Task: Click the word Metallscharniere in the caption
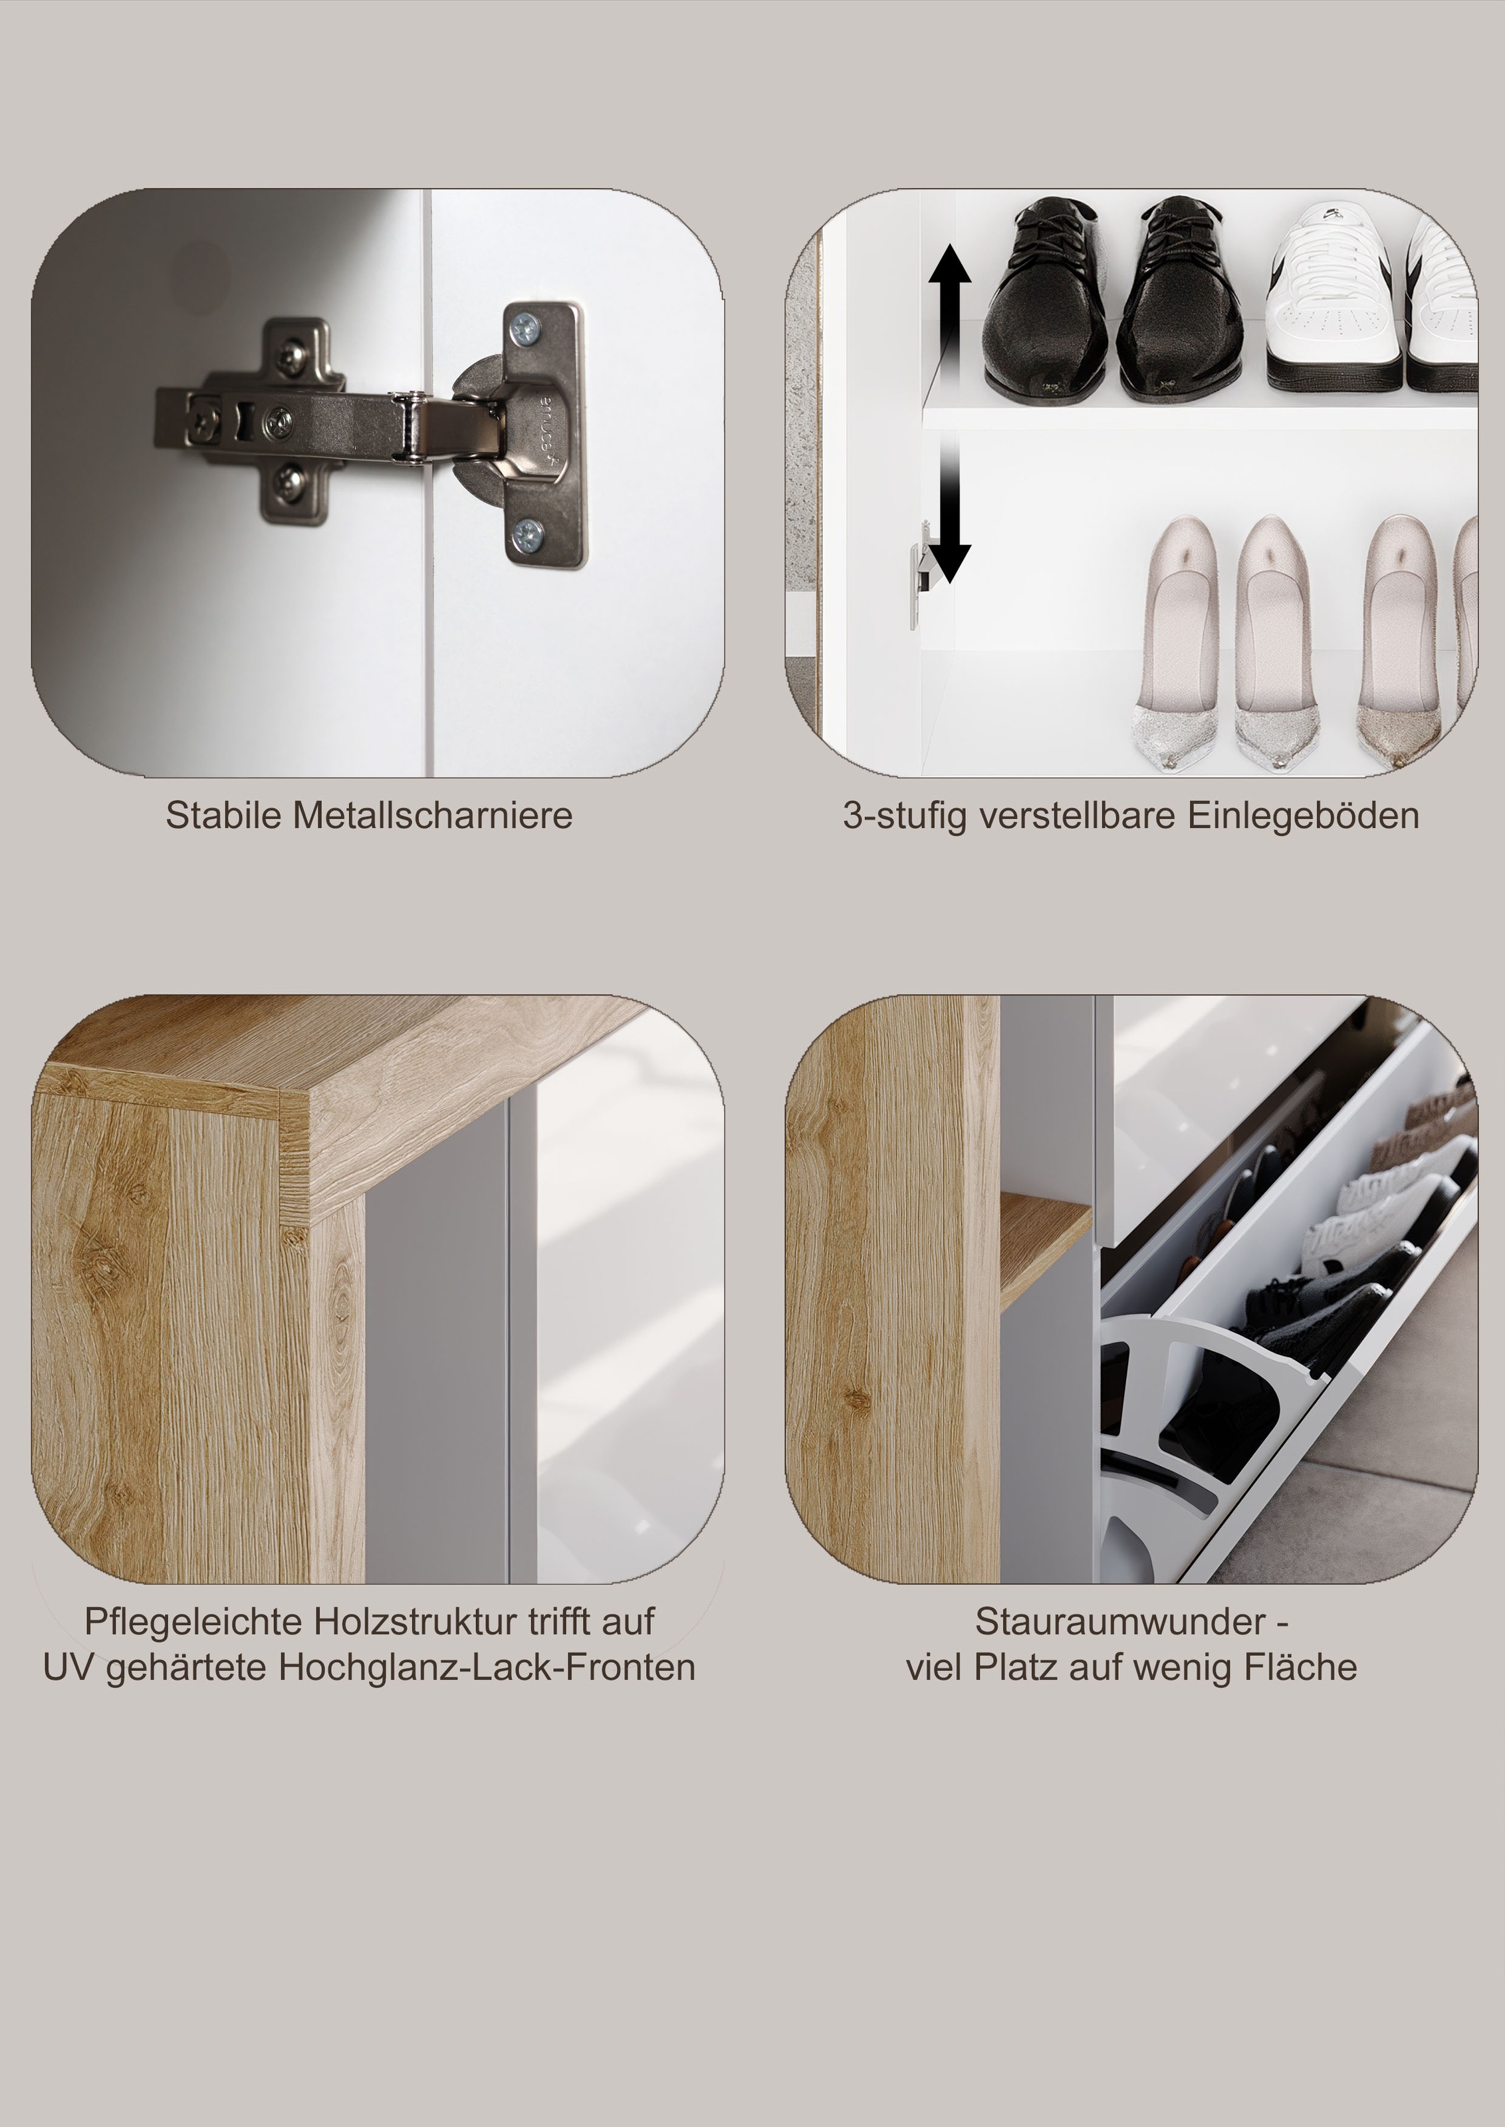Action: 433,815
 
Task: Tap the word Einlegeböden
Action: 1303,815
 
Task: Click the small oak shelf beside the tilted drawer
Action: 1046,1247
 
